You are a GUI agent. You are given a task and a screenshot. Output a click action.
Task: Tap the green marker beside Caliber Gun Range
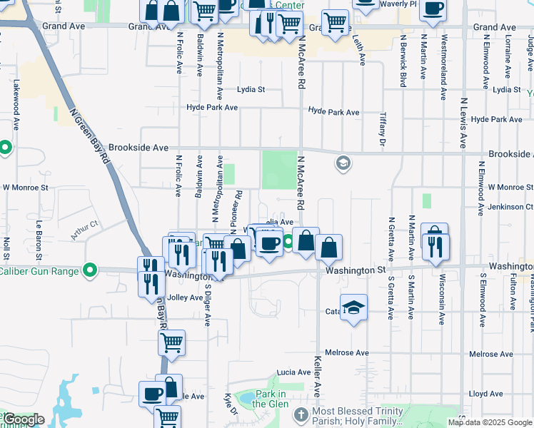tap(89, 271)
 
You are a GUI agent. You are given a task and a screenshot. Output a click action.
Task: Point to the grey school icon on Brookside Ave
tap(343, 163)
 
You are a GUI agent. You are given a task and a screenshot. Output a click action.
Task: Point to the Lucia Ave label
tap(294, 372)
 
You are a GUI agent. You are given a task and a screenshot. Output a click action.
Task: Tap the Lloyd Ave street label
tap(486, 394)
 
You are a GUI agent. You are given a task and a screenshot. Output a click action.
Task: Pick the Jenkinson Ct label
tap(510, 207)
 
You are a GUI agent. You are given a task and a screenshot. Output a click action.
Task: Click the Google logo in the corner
tap(24, 420)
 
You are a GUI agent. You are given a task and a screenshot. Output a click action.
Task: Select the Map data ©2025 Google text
tap(489, 422)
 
